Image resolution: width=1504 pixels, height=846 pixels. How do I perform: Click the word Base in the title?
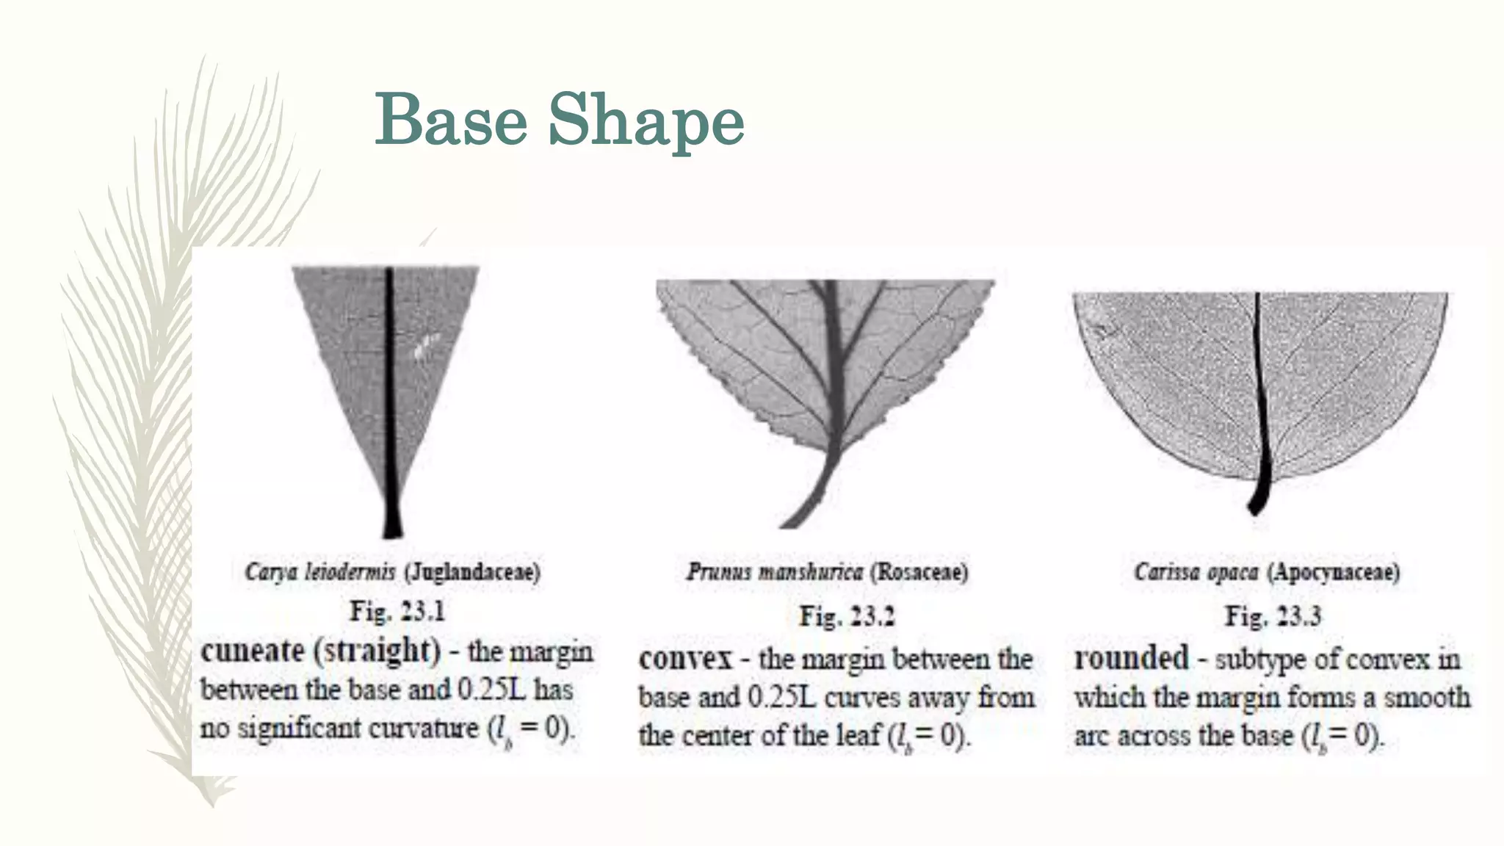(451, 120)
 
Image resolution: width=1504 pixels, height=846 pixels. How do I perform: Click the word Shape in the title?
(646, 121)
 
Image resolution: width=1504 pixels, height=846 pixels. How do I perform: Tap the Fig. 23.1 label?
(397, 611)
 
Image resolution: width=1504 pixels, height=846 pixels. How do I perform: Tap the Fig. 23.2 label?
(847, 615)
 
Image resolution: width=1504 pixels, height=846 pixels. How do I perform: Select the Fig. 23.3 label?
(1273, 615)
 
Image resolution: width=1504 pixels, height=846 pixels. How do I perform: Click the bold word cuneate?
(252, 651)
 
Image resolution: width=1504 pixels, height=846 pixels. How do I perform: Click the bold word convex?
(685, 659)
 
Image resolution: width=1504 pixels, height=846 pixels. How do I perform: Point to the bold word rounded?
(1131, 658)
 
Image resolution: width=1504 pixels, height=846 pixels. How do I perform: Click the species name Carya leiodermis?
(320, 571)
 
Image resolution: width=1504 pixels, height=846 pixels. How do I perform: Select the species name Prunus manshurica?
(775, 571)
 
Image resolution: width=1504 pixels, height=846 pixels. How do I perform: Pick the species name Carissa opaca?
(1196, 571)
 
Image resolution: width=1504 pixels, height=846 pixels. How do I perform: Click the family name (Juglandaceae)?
(472, 571)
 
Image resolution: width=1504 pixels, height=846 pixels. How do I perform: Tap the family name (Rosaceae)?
(919, 571)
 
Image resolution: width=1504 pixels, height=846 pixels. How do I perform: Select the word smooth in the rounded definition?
(1427, 697)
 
